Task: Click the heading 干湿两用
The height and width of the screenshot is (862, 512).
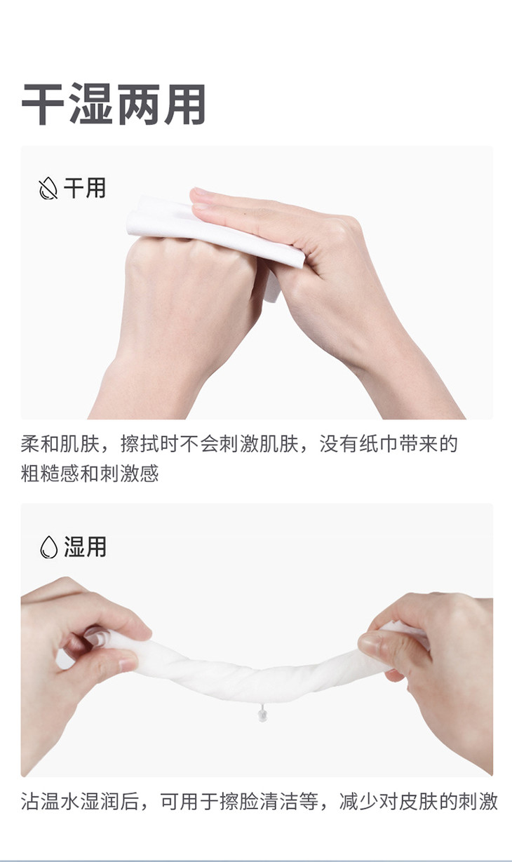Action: (x=114, y=104)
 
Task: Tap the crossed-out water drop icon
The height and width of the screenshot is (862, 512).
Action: (x=48, y=188)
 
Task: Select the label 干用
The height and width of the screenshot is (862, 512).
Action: (x=85, y=188)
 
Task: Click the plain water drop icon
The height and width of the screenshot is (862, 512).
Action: (x=48, y=547)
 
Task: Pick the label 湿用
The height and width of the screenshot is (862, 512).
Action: (x=85, y=546)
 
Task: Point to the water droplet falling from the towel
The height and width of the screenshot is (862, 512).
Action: (x=262, y=714)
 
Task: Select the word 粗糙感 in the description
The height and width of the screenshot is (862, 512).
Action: (x=50, y=473)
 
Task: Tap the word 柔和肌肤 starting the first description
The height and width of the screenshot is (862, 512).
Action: (x=60, y=444)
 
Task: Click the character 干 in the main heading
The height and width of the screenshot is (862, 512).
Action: (x=43, y=104)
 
